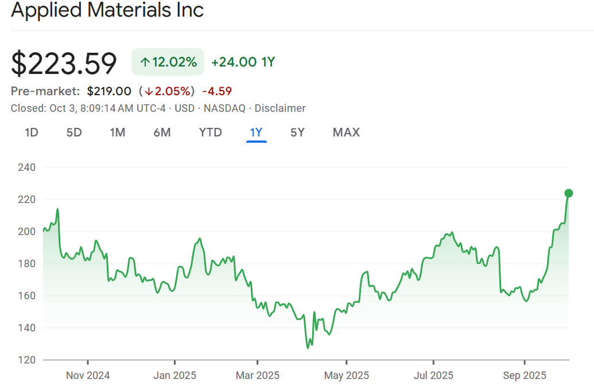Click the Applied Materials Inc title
click(107, 10)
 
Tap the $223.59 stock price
click(64, 63)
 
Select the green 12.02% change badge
click(168, 62)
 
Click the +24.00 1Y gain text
click(243, 62)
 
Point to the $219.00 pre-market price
click(109, 91)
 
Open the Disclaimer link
click(280, 108)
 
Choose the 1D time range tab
click(32, 132)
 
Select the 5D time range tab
click(74, 132)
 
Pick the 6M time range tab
click(162, 132)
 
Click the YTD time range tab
click(210, 132)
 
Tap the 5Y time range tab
click(297, 132)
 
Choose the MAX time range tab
click(346, 132)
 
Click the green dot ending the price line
click(569, 193)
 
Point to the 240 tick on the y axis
click(28, 167)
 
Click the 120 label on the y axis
click(28, 360)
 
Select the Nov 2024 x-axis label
click(88, 376)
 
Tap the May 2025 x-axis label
click(347, 376)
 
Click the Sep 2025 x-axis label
click(525, 376)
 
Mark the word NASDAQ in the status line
click(224, 108)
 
